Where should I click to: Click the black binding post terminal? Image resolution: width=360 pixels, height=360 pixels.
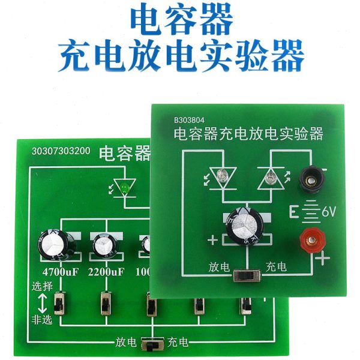(311, 175)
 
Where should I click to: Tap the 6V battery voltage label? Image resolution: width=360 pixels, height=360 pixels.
(329, 211)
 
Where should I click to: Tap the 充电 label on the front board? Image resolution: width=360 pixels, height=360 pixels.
(277, 265)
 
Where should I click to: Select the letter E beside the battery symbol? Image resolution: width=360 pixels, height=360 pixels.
(294, 211)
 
